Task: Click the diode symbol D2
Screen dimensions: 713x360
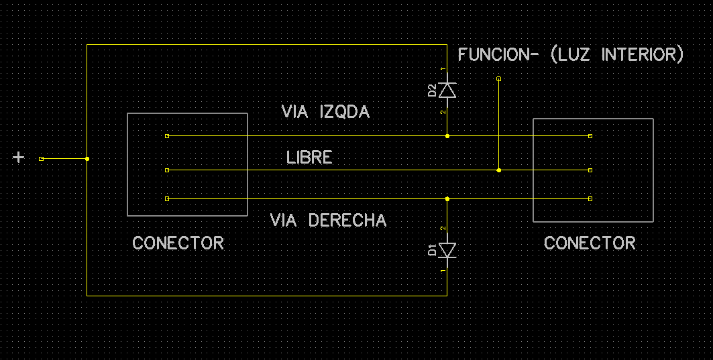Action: click(x=447, y=90)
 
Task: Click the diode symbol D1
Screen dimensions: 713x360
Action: click(x=447, y=250)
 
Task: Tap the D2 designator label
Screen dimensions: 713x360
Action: click(x=432, y=91)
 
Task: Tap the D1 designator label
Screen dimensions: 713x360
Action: click(x=432, y=250)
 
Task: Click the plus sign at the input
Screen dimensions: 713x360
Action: click(x=18, y=158)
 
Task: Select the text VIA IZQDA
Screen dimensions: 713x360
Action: click(x=325, y=112)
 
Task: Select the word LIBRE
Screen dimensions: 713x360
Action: click(x=309, y=158)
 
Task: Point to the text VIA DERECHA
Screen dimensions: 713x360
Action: click(x=328, y=221)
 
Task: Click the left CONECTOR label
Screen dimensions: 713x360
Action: click(x=178, y=243)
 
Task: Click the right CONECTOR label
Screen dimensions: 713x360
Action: click(x=590, y=243)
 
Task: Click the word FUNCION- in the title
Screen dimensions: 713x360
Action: click(x=498, y=54)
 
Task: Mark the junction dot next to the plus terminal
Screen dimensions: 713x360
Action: click(x=87, y=159)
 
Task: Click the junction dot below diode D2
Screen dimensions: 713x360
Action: click(x=447, y=136)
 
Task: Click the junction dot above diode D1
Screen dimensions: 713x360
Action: click(x=447, y=198)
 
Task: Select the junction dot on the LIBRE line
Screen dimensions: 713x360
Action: click(x=499, y=170)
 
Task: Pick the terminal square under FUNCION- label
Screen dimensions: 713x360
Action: click(x=499, y=78)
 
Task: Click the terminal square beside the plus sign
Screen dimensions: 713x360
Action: click(x=42, y=159)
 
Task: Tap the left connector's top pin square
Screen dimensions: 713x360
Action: click(x=167, y=136)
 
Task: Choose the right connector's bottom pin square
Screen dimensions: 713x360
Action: click(x=590, y=198)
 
